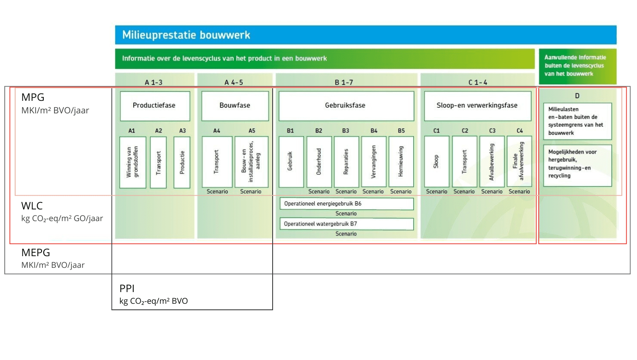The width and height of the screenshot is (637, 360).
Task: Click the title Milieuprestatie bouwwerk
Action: (186, 35)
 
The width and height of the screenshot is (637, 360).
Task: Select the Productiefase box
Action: (154, 106)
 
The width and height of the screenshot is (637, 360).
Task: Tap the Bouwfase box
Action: (235, 106)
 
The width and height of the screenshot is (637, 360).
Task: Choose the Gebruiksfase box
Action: (345, 106)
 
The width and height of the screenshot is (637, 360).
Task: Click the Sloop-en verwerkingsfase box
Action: (477, 106)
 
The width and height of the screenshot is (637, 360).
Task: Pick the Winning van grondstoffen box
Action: (132, 162)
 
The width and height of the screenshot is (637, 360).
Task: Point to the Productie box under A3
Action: (182, 162)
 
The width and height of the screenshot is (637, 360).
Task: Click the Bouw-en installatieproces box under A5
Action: (251, 162)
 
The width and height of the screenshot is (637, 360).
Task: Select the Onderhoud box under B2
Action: (319, 162)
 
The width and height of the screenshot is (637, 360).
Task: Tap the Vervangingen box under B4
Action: (373, 162)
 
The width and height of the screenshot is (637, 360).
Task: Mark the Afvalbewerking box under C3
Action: (492, 162)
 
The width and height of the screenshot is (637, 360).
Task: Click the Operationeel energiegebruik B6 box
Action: (346, 204)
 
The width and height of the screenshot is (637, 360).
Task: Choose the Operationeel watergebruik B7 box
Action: (346, 224)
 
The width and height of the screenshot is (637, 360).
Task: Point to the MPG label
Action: (33, 97)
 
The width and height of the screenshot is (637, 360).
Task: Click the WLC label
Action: (32, 206)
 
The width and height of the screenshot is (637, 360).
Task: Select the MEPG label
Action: (36, 253)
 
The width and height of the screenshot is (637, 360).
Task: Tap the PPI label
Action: (127, 289)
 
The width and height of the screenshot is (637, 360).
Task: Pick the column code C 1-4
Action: (478, 82)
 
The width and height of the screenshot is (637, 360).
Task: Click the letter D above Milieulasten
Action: (577, 96)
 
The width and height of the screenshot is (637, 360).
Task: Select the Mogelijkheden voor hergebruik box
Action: (577, 165)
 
